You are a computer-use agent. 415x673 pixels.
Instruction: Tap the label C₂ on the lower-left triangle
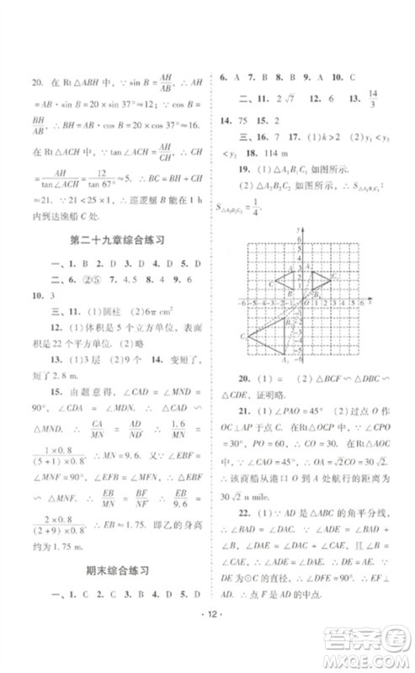(243, 336)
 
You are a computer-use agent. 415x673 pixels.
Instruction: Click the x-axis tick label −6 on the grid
(242, 302)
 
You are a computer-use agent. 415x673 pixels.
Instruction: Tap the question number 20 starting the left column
(35, 82)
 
